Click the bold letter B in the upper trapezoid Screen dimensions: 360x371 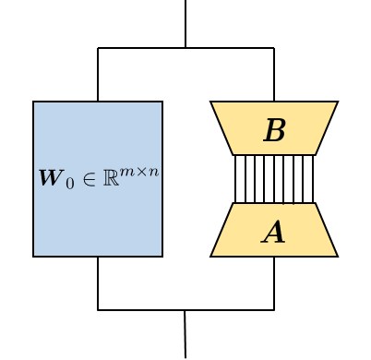click(x=274, y=131)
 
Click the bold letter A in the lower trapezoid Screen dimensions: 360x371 click(x=273, y=233)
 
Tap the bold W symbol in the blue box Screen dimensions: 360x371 click(x=49, y=178)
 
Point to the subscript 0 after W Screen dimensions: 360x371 click(x=66, y=182)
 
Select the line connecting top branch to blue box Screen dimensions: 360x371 click(x=98, y=75)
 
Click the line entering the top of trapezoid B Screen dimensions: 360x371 click(x=274, y=75)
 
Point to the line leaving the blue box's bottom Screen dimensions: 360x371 click(x=98, y=282)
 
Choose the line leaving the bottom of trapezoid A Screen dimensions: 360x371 click(x=274, y=282)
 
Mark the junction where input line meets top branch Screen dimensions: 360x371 click(x=185, y=48)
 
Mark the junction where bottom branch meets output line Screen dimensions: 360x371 click(x=185, y=310)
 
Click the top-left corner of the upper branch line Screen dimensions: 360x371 click(x=98, y=48)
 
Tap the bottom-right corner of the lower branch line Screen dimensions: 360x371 click(x=274, y=310)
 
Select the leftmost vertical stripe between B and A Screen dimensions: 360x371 click(x=235, y=179)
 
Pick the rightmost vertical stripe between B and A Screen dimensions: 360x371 click(x=313, y=179)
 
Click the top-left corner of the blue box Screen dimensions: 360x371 click(x=34, y=102)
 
